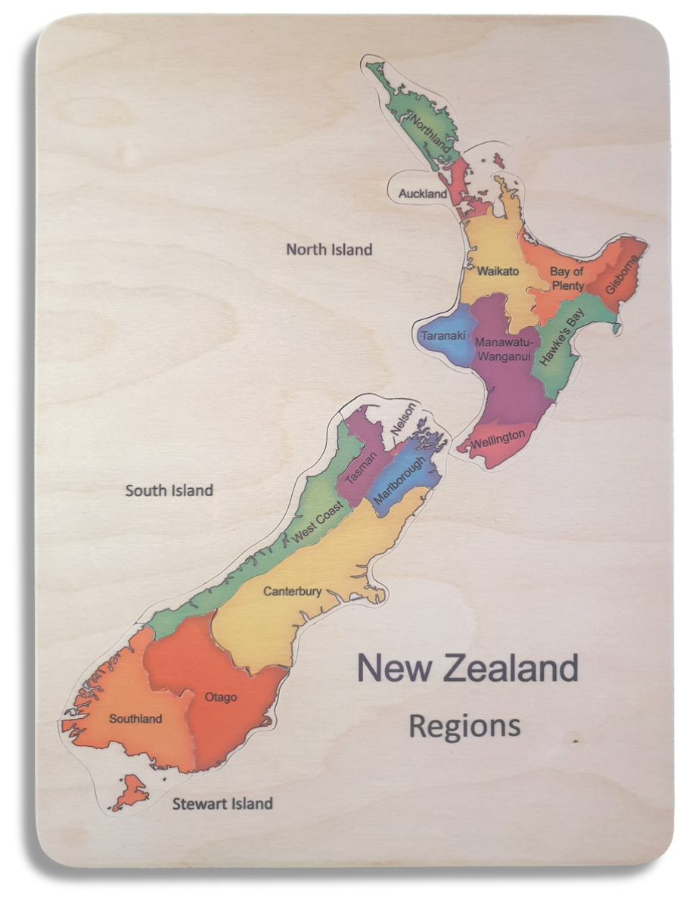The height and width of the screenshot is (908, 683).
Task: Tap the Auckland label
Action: (423, 194)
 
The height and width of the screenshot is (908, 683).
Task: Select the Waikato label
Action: (498, 271)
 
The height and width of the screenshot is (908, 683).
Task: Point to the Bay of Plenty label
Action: (567, 278)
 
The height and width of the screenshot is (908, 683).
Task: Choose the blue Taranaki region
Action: (444, 335)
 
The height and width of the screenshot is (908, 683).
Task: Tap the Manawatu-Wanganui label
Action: (501, 347)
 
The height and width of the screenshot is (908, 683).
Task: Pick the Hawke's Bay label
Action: (560, 337)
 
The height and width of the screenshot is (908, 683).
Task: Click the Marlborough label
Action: (398, 481)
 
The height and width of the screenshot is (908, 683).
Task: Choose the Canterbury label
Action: (292, 592)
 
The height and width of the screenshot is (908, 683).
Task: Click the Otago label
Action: (220, 697)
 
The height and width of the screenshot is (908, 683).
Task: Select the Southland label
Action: (135, 718)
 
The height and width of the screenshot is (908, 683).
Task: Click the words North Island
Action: (329, 249)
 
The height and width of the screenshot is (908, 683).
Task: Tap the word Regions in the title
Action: (464, 726)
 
